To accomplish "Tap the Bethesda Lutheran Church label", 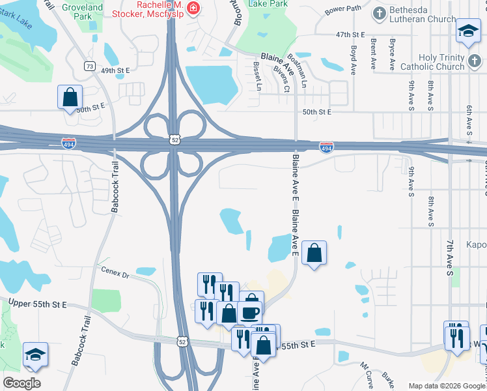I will click(423, 14).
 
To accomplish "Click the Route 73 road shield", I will click(90, 66).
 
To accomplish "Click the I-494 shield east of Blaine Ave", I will click(327, 148).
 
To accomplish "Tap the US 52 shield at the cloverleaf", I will click(173, 139).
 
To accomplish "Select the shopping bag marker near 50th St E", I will click(70, 98).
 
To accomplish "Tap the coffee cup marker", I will click(251, 311).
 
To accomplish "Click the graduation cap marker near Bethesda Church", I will click(468, 31).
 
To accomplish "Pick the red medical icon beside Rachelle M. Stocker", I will click(193, 7).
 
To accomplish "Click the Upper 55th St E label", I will click(39, 304).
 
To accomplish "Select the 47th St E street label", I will click(350, 34).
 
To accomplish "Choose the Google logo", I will click(21, 383).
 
